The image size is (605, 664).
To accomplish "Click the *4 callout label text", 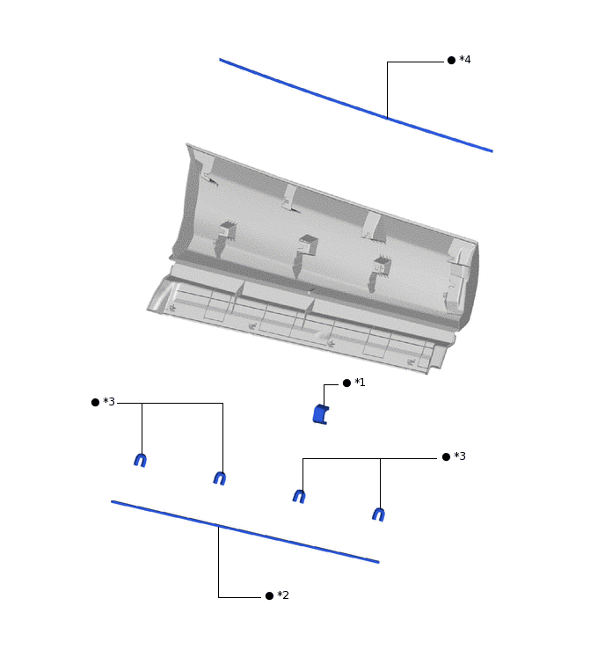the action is point(465,60).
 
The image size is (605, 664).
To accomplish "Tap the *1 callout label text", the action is point(360,383).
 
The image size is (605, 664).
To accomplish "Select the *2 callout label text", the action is point(283,595).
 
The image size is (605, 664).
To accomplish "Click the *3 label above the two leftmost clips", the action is point(109,401).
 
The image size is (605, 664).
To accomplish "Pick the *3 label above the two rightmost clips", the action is point(460,456).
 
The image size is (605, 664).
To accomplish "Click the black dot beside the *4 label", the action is point(451,61).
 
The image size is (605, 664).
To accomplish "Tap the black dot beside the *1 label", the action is point(346,383).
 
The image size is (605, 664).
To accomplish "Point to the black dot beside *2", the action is point(269,595).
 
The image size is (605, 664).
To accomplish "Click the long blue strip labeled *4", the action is point(355,105).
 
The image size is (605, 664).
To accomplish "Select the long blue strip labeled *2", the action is point(245,532).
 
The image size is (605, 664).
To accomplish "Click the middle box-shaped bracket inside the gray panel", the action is point(308,246).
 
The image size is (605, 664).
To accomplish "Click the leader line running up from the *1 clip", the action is point(324,395).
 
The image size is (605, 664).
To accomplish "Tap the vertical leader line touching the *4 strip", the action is point(387,90).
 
